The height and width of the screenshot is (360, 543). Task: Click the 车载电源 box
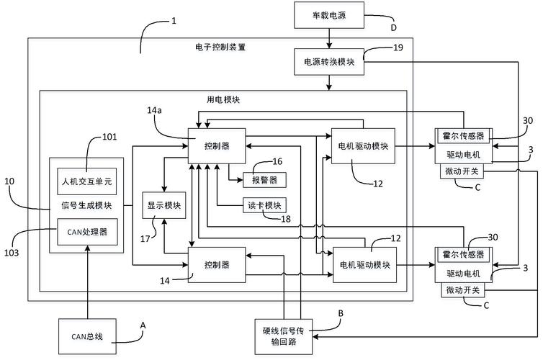click(328, 14)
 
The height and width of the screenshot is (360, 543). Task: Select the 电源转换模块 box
click(329, 62)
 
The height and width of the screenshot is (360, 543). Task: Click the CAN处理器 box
click(86, 232)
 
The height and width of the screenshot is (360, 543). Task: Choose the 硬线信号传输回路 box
click(285, 337)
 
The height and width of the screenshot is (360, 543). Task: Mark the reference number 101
click(110, 135)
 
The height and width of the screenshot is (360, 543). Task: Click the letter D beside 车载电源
click(392, 28)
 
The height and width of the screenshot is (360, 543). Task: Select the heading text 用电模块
click(223, 100)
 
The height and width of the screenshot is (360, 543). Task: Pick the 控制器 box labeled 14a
click(217, 145)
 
